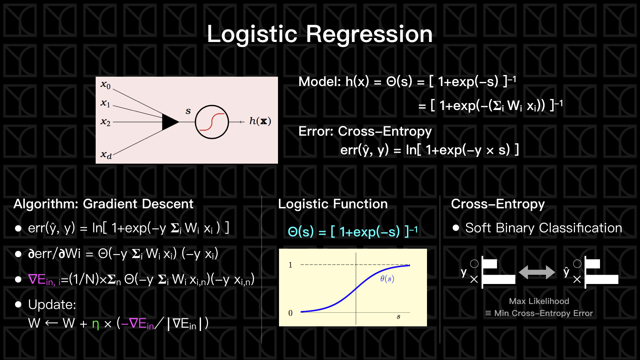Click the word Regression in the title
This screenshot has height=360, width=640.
click(x=369, y=34)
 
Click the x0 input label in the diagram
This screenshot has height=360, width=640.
click(x=105, y=85)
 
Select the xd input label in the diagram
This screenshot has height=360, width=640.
click(x=106, y=155)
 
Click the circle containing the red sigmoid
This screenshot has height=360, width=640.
click(x=212, y=122)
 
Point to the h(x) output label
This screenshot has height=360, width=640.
click(x=260, y=121)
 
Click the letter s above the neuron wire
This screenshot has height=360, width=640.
click(x=188, y=111)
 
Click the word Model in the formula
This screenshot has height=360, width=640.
click(x=319, y=81)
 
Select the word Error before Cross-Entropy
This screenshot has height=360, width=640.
click(x=315, y=131)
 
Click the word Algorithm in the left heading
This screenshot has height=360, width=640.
click(x=45, y=204)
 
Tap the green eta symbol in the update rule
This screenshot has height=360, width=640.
click(x=96, y=324)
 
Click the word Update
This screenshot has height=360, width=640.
click(x=52, y=305)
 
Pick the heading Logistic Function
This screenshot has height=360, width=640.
click(x=333, y=204)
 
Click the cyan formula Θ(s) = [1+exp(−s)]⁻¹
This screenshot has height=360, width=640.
click(x=352, y=231)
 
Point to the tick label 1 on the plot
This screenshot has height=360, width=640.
click(x=290, y=265)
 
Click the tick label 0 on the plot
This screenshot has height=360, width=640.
click(x=290, y=313)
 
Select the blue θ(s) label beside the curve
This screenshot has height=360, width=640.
click(x=387, y=279)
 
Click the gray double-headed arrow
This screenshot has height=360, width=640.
click(x=537, y=272)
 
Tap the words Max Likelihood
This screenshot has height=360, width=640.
click(x=539, y=301)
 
